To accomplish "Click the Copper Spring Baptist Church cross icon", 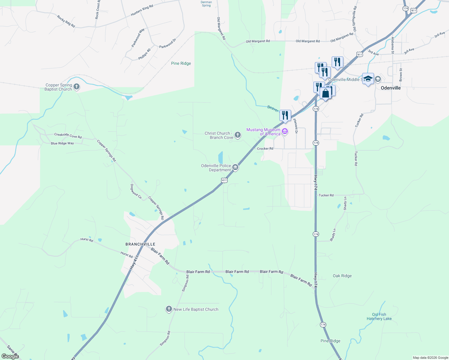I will pyautogui.click(x=77, y=87).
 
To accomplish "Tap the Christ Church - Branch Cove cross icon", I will pyautogui.click(x=238, y=135).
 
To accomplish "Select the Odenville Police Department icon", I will pyautogui.click(x=235, y=167).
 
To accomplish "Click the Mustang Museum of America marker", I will pyautogui.click(x=285, y=131).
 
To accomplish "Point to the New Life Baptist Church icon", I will pyautogui.click(x=169, y=309).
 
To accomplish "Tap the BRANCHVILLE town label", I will pyautogui.click(x=140, y=244).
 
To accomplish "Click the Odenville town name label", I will pyautogui.click(x=390, y=88).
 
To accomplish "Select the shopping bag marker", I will pyautogui.click(x=325, y=93).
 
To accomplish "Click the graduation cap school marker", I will pyautogui.click(x=368, y=79).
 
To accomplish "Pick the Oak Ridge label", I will pyautogui.click(x=342, y=276).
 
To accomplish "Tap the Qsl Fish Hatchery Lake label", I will pyautogui.click(x=379, y=316).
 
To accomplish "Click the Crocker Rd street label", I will pyautogui.click(x=265, y=148).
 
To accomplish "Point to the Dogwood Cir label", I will pyautogui.click(x=136, y=191).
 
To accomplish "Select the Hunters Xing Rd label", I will pyautogui.click(x=142, y=10).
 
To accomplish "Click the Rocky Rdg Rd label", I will pyautogui.click(x=66, y=21).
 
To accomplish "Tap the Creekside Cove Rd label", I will pyautogui.click(x=68, y=136).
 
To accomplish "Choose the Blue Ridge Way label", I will pyautogui.click(x=62, y=143).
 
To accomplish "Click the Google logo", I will pyautogui.click(x=10, y=356).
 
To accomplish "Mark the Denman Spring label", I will pyautogui.click(x=206, y=4).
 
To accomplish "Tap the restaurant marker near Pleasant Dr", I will pyautogui.click(x=285, y=115).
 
